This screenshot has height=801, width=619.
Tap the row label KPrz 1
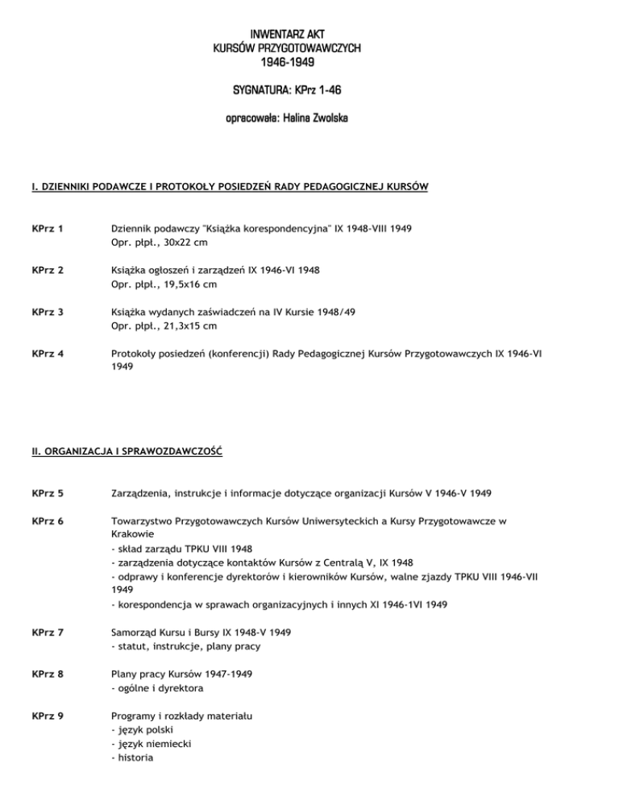pyautogui.click(x=48, y=229)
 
